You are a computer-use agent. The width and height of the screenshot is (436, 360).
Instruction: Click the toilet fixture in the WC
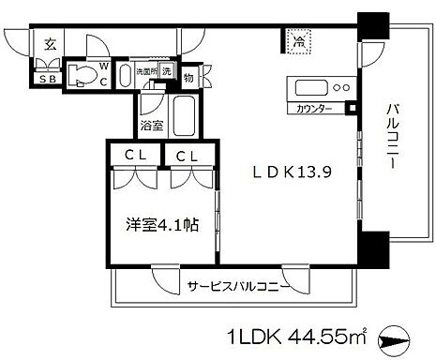(x=83, y=76)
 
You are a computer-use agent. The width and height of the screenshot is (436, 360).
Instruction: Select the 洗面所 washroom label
(x=146, y=72)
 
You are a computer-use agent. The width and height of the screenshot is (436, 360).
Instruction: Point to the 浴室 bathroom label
(x=151, y=122)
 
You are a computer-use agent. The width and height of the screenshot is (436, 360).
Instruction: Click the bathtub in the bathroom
(x=181, y=116)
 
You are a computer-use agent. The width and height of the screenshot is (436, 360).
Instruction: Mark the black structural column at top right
(x=373, y=22)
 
